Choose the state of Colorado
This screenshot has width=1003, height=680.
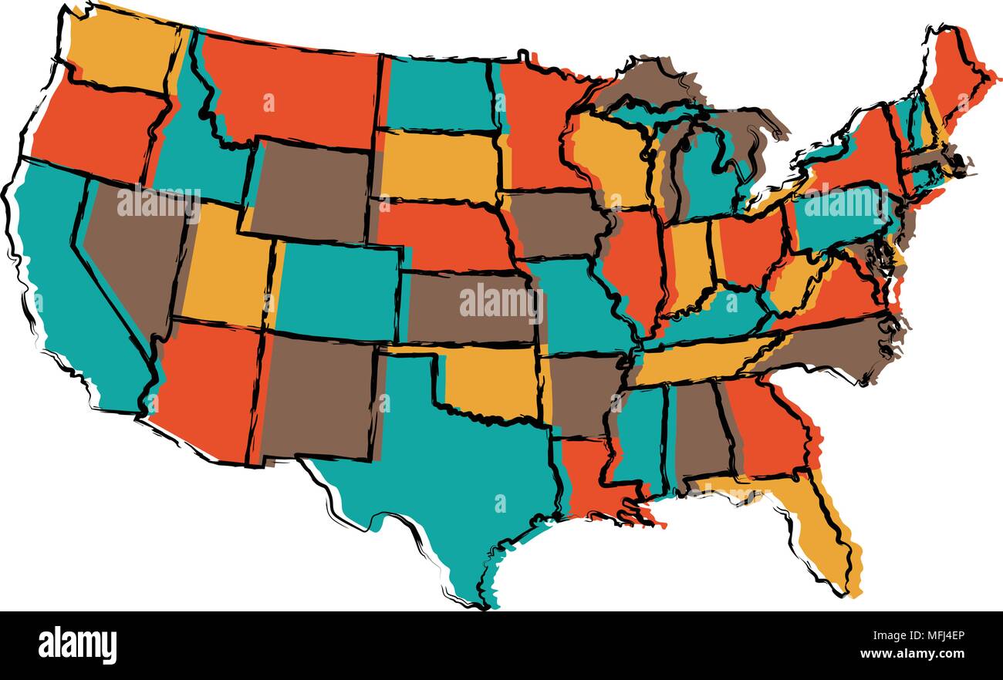pyautogui.click(x=336, y=289)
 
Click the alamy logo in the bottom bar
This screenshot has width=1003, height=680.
pyautogui.click(x=77, y=645)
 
